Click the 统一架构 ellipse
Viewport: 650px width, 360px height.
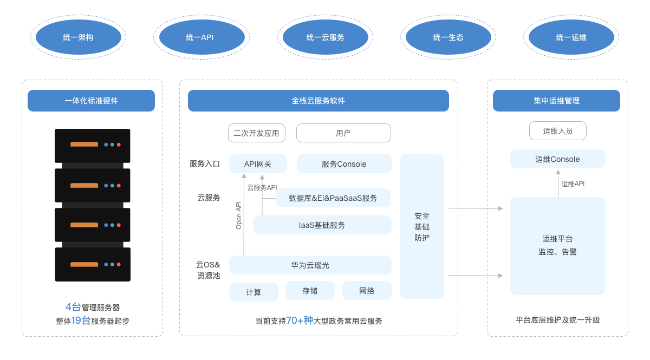point(79,37)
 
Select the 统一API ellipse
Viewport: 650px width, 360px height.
point(202,37)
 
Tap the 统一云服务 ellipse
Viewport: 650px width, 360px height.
point(326,37)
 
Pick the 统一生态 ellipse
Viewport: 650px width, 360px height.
point(448,37)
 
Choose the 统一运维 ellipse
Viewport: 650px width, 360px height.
point(571,37)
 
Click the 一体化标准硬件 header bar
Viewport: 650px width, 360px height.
point(91,101)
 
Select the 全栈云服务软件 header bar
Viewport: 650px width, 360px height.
point(318,101)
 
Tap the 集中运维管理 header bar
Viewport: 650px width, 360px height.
point(557,101)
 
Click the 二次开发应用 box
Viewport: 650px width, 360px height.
point(257,133)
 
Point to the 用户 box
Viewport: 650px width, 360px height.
point(343,133)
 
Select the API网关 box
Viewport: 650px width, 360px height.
point(258,164)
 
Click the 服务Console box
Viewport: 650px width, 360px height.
point(344,164)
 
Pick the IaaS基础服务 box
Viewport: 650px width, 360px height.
point(322,225)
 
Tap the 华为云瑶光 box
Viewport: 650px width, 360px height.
point(310,265)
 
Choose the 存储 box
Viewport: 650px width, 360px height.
point(310,291)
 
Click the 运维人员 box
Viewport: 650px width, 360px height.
point(558,131)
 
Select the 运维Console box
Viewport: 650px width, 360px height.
point(557,159)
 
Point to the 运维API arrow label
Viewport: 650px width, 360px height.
point(573,184)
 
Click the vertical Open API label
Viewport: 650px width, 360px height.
point(238,215)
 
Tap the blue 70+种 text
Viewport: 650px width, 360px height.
point(300,320)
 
